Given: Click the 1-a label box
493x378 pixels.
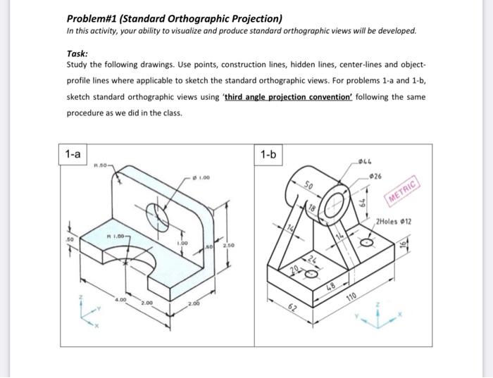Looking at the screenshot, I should point(73,153).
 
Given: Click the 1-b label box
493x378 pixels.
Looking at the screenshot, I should point(268,153).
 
